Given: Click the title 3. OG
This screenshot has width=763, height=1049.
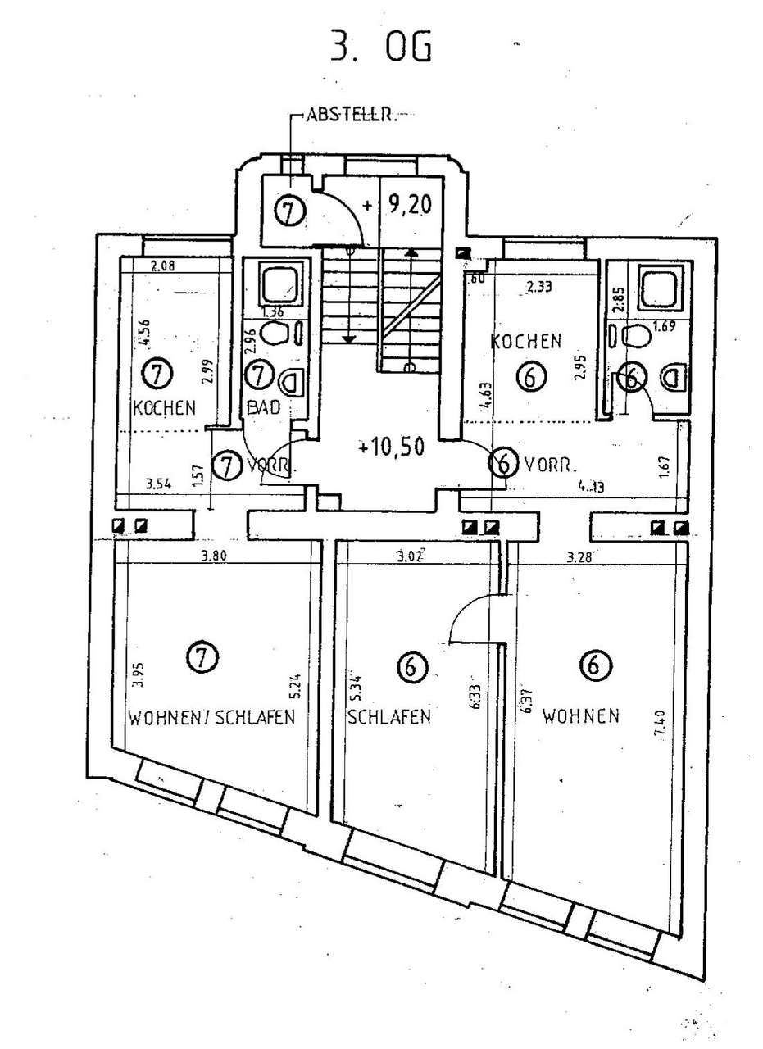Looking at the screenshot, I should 380,48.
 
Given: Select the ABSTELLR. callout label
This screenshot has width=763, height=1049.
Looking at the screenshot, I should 350,116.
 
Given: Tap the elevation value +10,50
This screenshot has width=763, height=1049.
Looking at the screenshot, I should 391,447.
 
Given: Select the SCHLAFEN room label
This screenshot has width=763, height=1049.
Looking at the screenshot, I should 389,718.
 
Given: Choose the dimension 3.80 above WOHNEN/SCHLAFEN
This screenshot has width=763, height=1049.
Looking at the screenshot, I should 214,556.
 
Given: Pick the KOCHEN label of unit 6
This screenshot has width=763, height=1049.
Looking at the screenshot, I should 526,340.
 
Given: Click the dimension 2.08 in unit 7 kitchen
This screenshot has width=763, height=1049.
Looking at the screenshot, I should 165,265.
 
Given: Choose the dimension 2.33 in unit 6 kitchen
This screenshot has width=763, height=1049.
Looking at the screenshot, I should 539,287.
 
